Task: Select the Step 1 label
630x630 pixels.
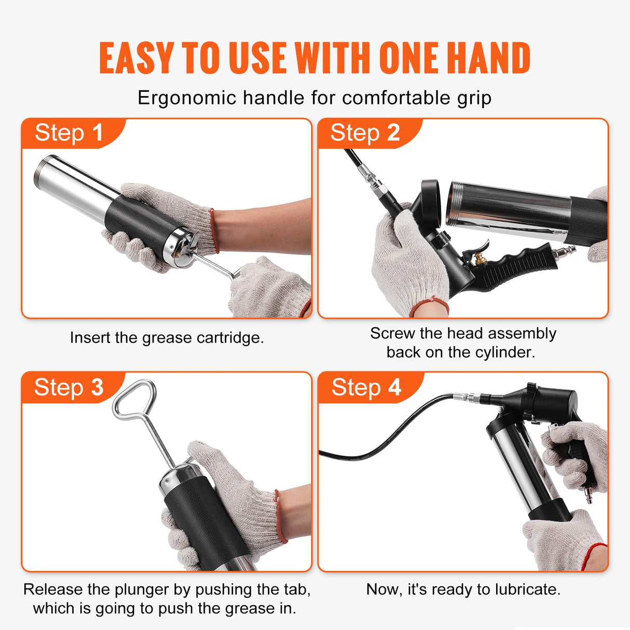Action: pyautogui.click(x=69, y=133)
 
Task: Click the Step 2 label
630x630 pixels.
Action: pyautogui.click(x=365, y=133)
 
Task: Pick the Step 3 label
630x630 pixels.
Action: pyautogui.click(x=69, y=387)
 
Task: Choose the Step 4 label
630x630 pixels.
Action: pyautogui.click(x=366, y=387)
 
